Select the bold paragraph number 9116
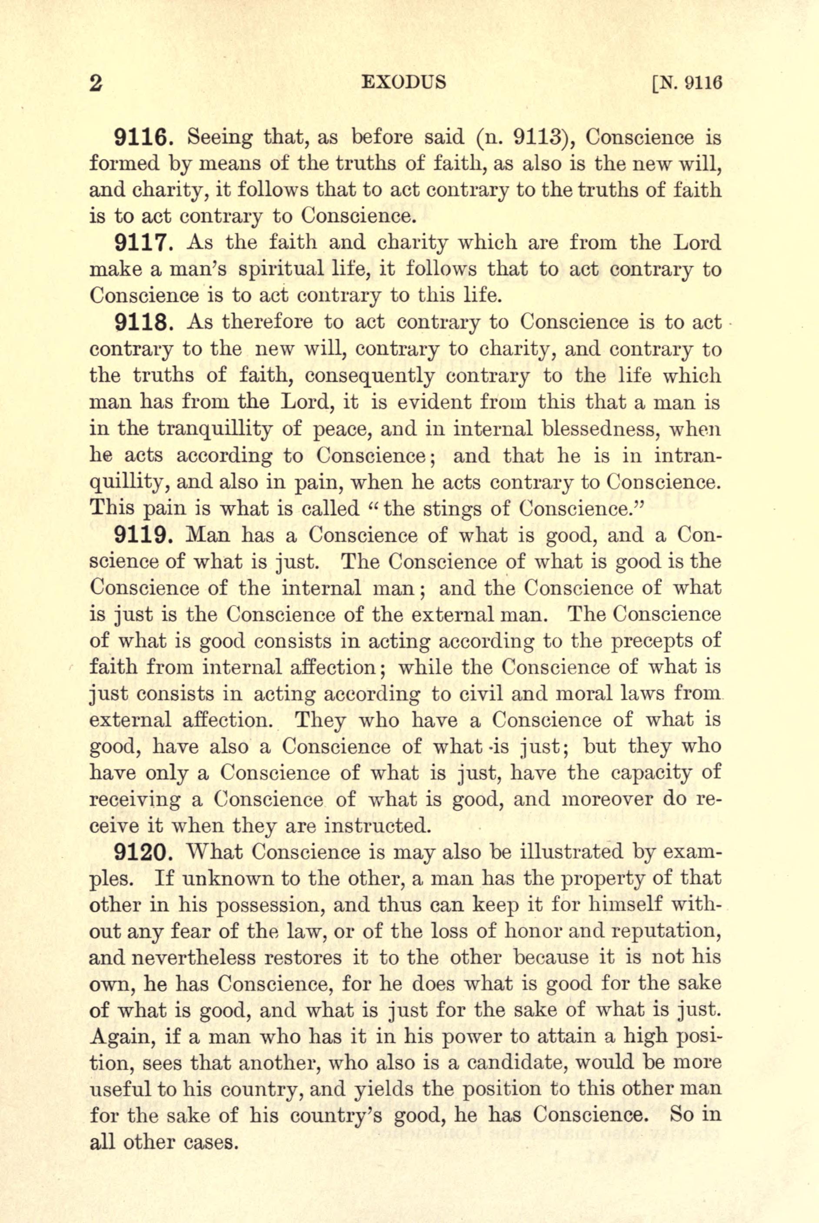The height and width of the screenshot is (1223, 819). tap(140, 138)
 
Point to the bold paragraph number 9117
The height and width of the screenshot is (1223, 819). tap(140, 243)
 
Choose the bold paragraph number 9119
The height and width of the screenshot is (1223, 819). tap(140, 536)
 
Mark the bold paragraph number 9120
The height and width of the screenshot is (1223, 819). tap(140, 853)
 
